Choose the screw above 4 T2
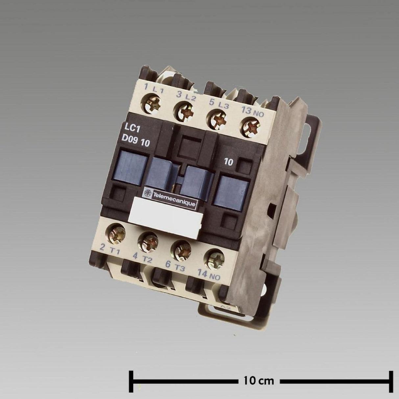pos(148,241)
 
